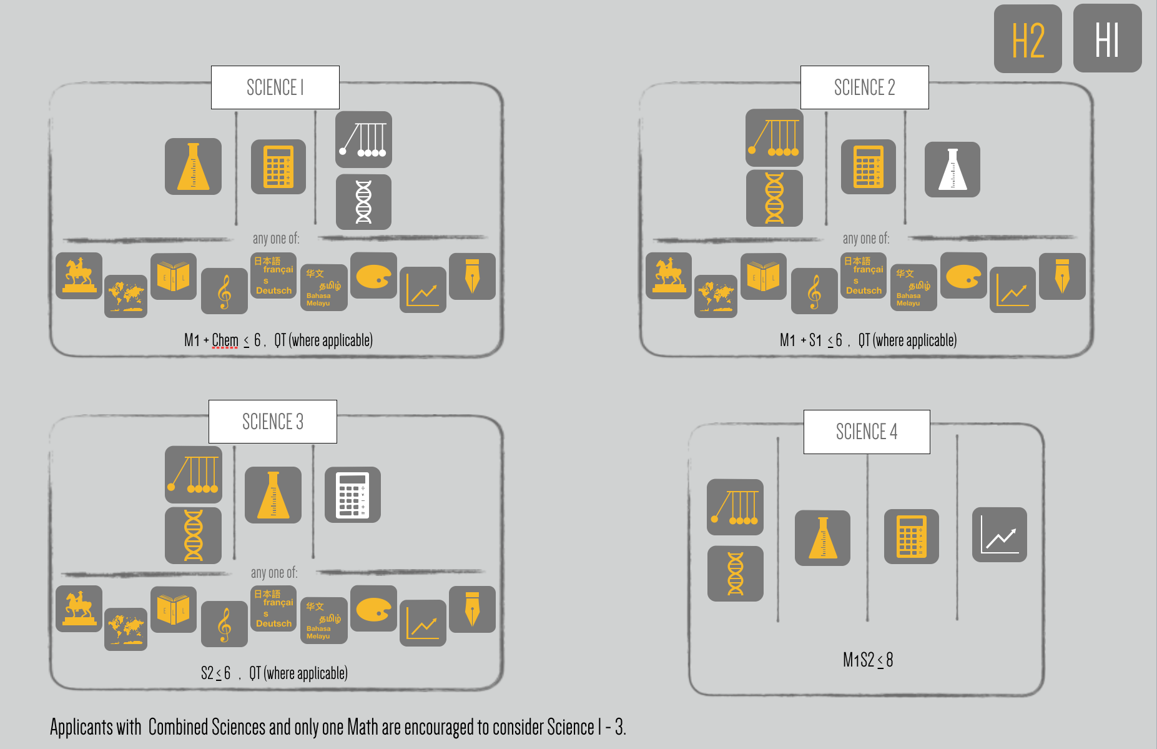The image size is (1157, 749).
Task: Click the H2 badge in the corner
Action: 1028,39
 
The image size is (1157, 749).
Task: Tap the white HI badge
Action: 1107,39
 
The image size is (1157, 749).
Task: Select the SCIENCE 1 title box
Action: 275,87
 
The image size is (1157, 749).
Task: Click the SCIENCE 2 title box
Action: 864,87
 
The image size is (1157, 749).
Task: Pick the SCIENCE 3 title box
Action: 272,422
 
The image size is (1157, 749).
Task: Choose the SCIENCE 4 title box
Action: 866,432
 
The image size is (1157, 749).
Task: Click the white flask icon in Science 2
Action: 952,169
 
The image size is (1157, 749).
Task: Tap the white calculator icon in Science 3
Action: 353,495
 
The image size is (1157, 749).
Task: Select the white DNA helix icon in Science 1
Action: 363,202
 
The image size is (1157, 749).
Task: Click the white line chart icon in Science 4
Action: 1000,535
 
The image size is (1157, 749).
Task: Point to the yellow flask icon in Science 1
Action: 193,166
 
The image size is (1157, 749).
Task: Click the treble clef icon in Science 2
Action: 814,291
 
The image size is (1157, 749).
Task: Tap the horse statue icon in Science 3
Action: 79,608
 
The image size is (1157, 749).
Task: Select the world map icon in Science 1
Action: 126,296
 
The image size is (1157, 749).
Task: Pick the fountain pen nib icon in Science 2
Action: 1062,276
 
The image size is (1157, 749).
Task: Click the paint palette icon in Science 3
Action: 373,608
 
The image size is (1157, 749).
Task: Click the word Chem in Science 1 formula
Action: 225,340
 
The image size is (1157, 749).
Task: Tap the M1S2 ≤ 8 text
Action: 867,660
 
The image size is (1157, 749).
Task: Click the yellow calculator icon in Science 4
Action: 911,537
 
